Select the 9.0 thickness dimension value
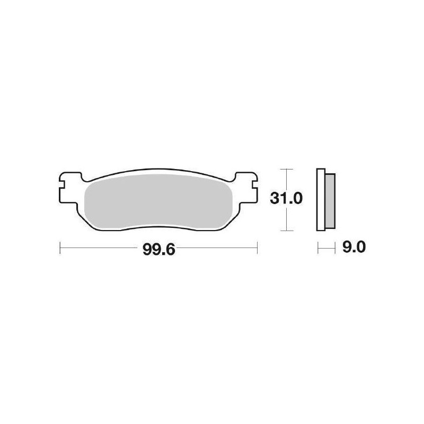pos(354,247)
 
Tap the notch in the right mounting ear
pos(253,186)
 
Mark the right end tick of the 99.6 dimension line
pos(257,247)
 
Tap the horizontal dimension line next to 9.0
pos(327,247)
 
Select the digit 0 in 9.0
pos(362,247)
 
